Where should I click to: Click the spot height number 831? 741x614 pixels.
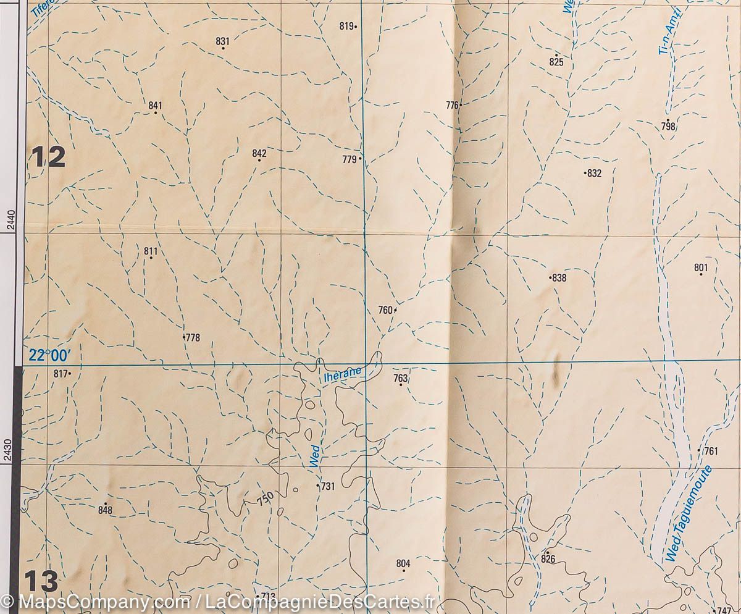222,41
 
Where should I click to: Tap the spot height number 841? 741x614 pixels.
154,106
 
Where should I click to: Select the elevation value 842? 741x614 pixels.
259,153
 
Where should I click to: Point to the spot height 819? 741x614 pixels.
346,26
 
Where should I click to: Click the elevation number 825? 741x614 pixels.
556,62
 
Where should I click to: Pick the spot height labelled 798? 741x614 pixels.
668,127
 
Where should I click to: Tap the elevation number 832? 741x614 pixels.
594,174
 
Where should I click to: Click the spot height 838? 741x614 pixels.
559,278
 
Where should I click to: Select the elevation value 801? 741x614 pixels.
700,267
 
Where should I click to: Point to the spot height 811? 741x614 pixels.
151,251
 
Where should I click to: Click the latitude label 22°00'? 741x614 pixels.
50,355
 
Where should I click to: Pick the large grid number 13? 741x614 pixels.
41,581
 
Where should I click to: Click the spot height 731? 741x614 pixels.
327,487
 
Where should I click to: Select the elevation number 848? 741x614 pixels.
105,510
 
